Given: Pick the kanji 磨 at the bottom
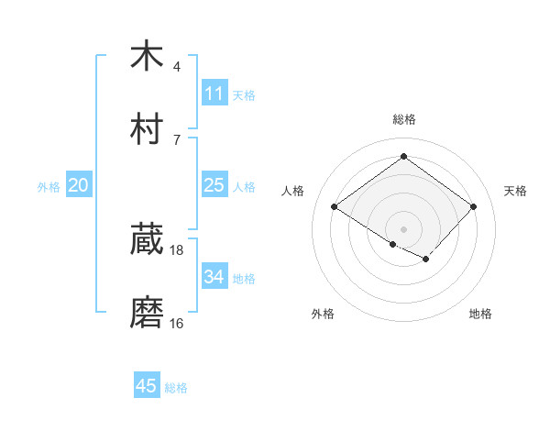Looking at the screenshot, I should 147,313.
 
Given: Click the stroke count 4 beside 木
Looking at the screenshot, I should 177,66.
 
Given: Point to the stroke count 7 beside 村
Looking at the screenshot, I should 177,139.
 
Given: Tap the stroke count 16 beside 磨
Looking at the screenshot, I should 177,323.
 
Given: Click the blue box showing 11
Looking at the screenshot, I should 214,94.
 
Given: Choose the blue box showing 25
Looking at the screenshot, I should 214,185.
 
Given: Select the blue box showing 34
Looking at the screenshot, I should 214,277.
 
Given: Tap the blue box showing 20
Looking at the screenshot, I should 79,185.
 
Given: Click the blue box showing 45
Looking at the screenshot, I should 147,386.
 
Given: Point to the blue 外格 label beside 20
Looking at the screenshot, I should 49,186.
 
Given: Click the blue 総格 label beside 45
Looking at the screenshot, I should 176,388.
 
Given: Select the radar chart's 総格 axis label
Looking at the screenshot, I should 403,119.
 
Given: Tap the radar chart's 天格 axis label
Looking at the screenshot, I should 515,191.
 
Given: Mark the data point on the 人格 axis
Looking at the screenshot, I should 335,207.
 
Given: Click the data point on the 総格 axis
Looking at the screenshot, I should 403,157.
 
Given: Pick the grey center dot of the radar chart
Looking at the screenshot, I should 403,228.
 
